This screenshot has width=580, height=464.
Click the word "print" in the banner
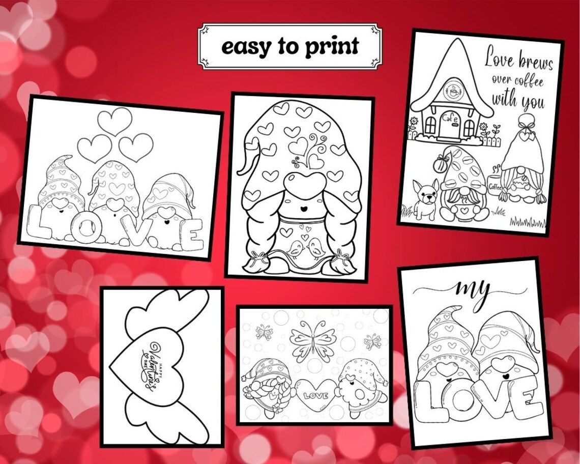[332, 47]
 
